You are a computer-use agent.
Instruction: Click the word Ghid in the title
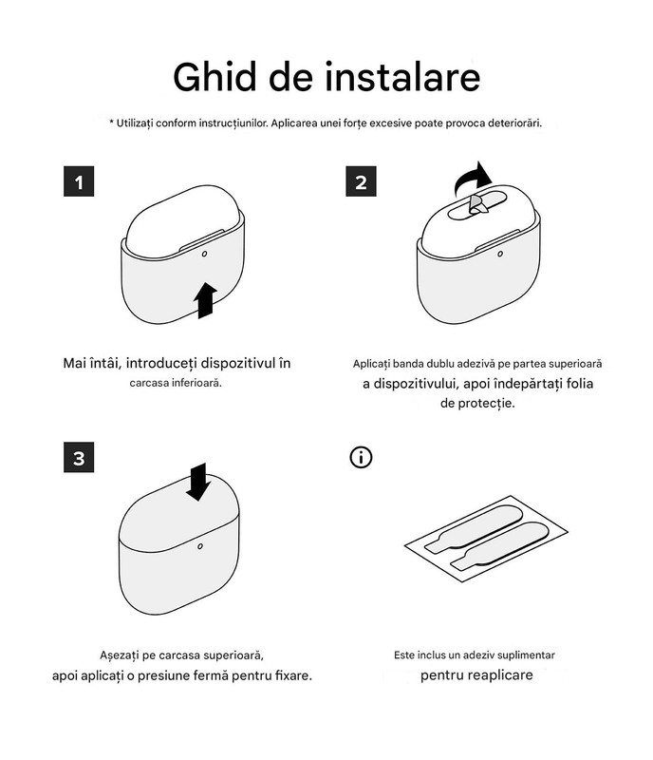(215, 77)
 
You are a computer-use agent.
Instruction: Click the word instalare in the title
(402, 77)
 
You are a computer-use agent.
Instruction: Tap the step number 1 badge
(79, 181)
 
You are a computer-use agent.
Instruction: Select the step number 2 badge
(361, 181)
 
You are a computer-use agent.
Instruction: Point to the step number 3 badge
(79, 457)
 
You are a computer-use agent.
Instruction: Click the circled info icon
(361, 457)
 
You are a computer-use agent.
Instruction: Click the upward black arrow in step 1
(205, 300)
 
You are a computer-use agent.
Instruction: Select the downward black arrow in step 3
(198, 482)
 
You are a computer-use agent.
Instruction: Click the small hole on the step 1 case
(204, 254)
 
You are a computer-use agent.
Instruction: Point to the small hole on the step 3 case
(200, 546)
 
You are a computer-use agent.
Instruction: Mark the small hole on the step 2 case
(500, 254)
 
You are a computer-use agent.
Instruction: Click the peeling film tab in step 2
(478, 205)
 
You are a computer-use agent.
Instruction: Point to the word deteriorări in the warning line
(514, 123)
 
